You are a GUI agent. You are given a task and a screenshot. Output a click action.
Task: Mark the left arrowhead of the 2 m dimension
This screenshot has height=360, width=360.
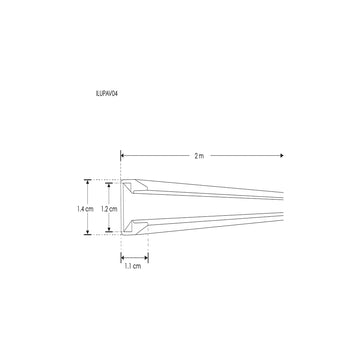124,156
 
